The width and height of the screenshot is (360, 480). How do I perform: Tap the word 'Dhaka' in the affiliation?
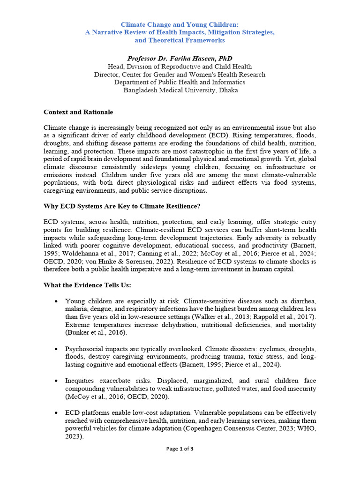(226, 90)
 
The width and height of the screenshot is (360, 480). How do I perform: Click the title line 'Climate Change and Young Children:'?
(180, 24)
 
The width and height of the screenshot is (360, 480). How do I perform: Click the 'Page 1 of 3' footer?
(180, 449)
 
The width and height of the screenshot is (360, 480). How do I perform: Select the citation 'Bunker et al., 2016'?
(97, 332)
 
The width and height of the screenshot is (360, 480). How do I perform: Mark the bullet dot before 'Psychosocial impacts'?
(57, 350)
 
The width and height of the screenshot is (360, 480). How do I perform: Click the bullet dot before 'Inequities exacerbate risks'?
(57, 381)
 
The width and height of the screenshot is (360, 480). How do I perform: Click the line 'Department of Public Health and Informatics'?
(180, 82)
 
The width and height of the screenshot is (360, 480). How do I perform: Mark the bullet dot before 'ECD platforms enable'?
(57, 412)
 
